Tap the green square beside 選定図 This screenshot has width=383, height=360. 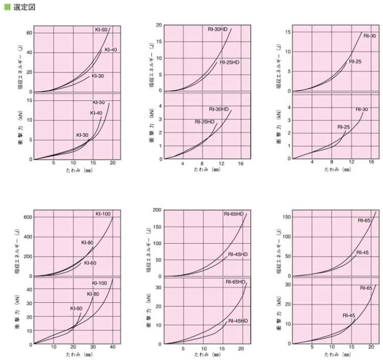coord(7,7)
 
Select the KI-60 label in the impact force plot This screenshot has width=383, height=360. coord(76,308)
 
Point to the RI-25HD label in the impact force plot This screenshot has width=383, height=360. coord(204,122)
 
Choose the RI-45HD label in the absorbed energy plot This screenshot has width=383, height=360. coord(238,254)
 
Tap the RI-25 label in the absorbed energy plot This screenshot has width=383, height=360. coord(355,61)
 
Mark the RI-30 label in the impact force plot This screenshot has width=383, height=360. coord(362,110)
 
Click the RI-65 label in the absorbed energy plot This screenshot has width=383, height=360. coord(364,220)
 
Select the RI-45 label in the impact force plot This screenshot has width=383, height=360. coord(349,316)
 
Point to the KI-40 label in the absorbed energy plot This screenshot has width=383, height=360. coord(111,49)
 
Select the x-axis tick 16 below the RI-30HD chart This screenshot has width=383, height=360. coord(241,163)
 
